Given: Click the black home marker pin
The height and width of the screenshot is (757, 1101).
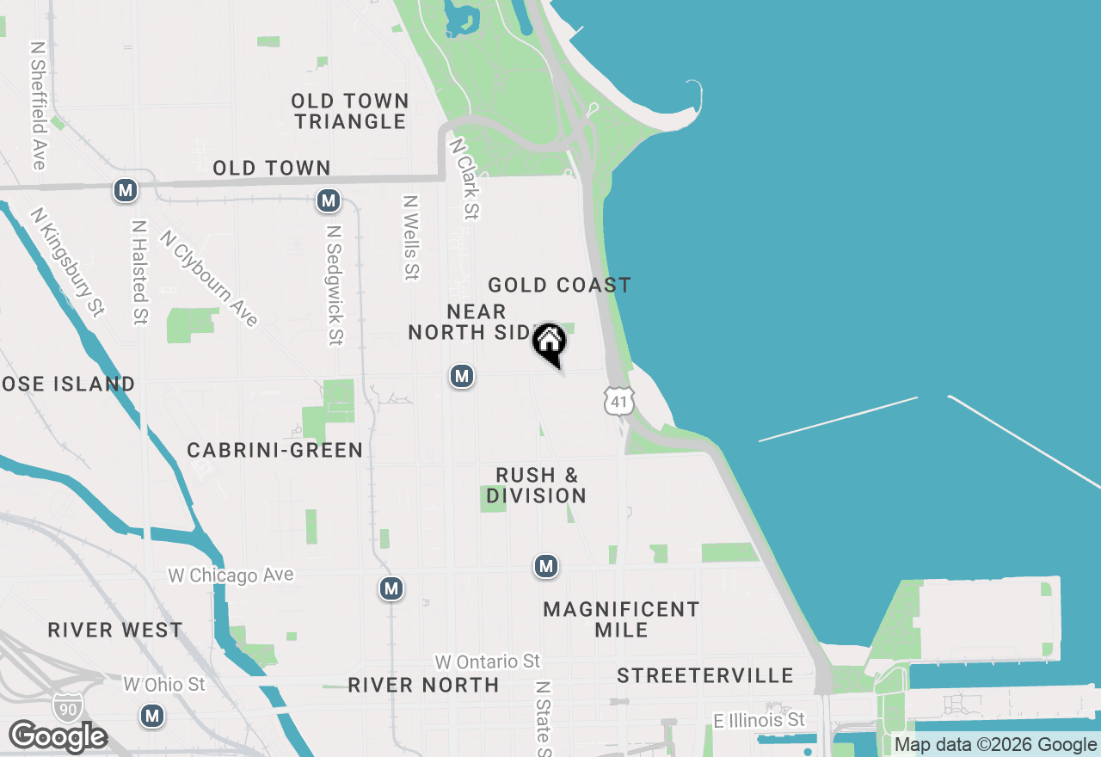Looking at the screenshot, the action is [x=549, y=343].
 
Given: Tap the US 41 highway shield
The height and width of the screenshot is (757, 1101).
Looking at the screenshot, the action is [x=619, y=400].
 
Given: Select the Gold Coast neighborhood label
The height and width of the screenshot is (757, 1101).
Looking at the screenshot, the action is [x=559, y=285].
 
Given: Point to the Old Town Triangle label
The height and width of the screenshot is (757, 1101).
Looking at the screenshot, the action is [x=350, y=111].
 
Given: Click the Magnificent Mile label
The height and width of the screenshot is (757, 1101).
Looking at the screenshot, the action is [x=621, y=619].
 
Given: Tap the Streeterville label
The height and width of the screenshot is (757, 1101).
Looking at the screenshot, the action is [x=704, y=675].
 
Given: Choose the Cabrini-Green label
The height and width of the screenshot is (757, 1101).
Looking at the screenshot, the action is [x=275, y=450].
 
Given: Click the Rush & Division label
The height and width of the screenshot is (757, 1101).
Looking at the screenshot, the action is [x=537, y=485].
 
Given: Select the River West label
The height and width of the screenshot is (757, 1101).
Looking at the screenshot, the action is [x=115, y=630].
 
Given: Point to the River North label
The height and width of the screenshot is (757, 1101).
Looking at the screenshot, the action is [x=423, y=685].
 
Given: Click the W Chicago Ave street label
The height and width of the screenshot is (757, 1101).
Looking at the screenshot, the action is [x=231, y=575].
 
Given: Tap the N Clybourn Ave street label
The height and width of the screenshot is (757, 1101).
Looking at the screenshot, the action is [x=209, y=278].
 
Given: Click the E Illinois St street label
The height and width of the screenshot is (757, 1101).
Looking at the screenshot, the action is [x=760, y=719].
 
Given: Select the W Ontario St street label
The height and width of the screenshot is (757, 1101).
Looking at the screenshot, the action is [x=487, y=662].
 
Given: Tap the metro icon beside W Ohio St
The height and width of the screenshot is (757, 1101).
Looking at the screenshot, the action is [x=152, y=715].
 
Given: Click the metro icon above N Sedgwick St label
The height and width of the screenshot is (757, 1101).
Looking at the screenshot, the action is [x=328, y=201].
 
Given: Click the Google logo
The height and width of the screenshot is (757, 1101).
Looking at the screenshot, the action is [x=58, y=736].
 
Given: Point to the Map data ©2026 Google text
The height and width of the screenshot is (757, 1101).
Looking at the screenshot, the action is [x=996, y=745].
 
